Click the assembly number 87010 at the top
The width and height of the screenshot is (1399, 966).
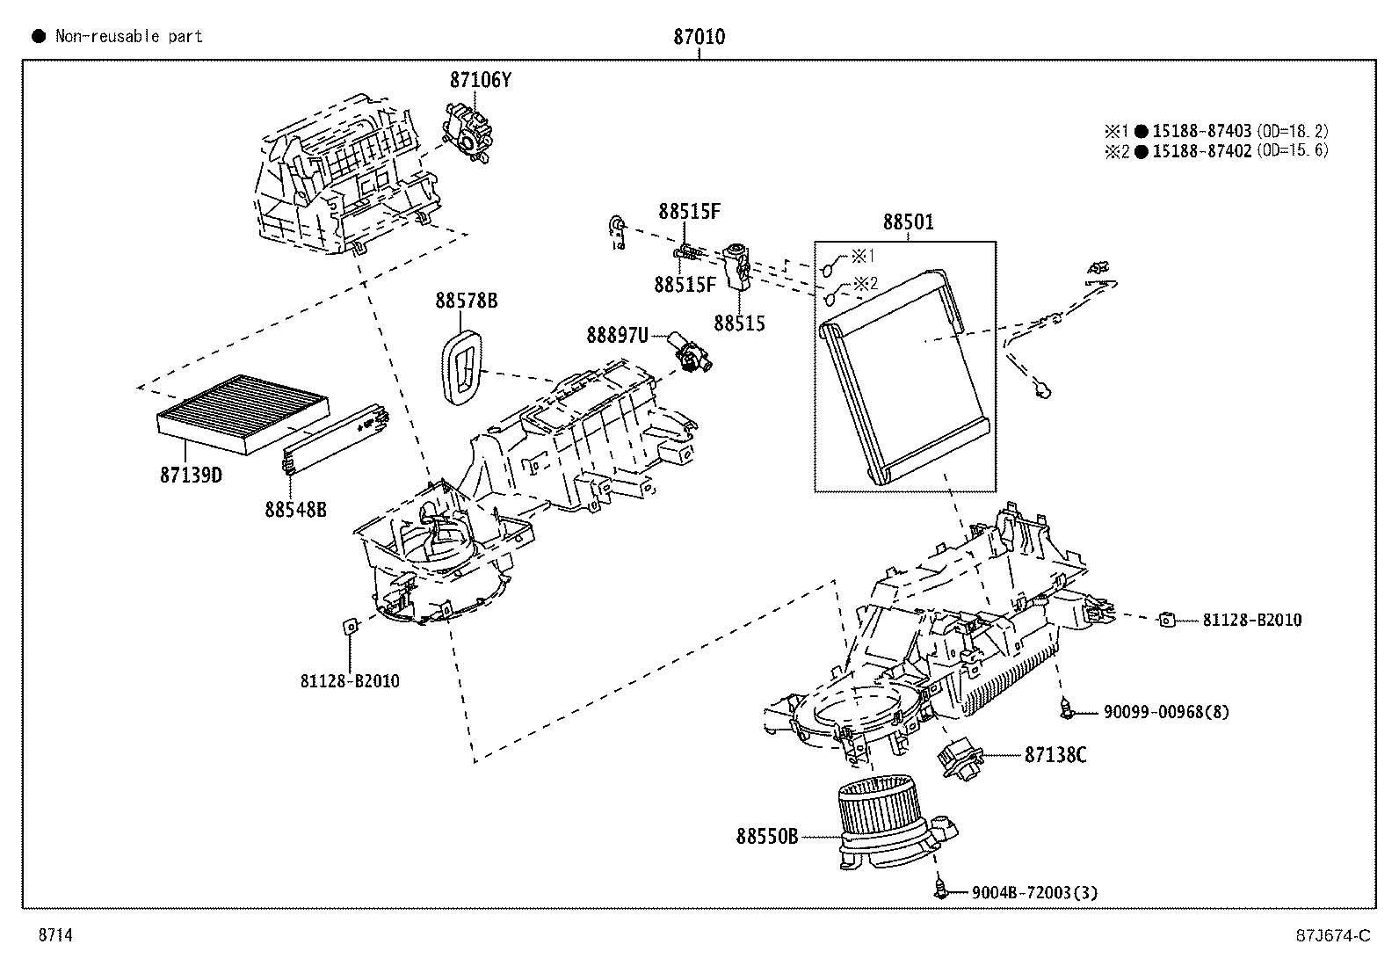tap(699, 37)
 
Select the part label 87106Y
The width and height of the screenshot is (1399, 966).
tap(481, 80)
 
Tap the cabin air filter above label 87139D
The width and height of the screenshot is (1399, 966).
tap(243, 414)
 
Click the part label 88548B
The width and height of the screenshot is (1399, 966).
tap(295, 509)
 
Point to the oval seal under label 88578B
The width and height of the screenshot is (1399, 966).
tap(462, 367)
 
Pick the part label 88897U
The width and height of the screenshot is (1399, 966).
tap(617, 336)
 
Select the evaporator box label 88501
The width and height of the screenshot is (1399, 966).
tap(908, 222)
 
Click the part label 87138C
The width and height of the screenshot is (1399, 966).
tap(1055, 755)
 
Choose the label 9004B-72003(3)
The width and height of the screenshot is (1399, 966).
tap(1034, 892)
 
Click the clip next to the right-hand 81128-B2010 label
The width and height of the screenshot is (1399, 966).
tap(1167, 620)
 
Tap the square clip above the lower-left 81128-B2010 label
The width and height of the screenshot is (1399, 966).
tap(351, 626)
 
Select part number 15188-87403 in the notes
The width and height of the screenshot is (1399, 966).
tap(1201, 131)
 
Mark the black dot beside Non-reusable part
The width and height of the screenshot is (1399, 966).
tap(39, 36)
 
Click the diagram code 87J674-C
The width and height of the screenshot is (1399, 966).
tap(1333, 935)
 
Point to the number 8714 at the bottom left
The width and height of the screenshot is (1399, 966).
tap(55, 934)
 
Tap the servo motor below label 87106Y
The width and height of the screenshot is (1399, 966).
tap(468, 134)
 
